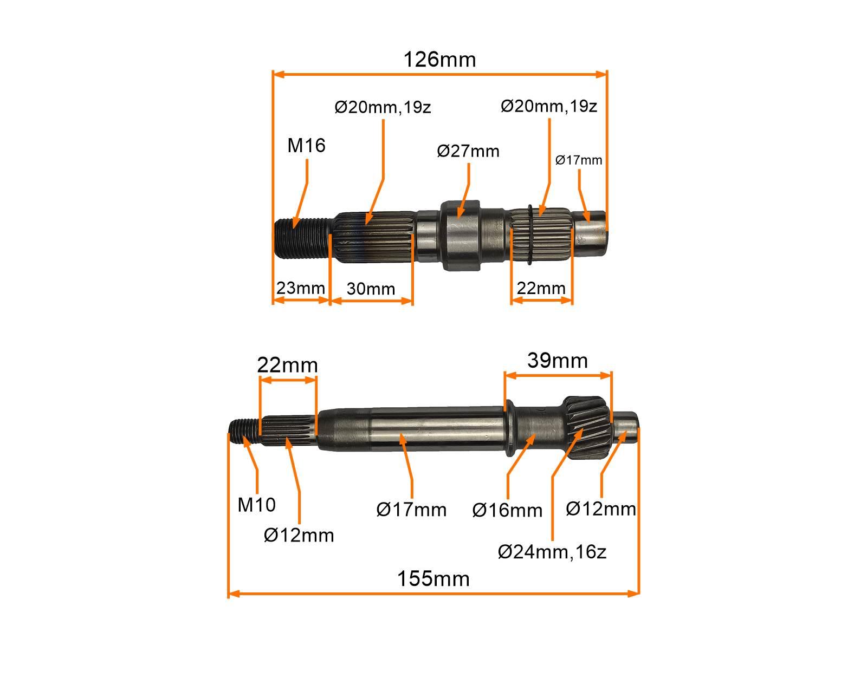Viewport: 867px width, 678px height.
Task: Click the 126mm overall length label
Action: (439, 59)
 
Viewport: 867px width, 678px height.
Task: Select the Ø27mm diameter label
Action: (468, 151)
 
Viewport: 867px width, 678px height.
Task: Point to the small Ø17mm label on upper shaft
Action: (579, 160)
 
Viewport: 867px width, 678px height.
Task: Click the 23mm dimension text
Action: (300, 288)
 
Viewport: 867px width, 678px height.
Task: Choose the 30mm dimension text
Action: (371, 289)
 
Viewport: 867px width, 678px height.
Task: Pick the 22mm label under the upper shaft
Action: (541, 288)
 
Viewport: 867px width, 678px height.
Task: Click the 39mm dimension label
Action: (557, 360)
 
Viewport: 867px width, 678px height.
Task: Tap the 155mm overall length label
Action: (433, 579)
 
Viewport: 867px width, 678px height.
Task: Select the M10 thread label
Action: (256, 505)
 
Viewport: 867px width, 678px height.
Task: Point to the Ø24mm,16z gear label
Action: (552, 552)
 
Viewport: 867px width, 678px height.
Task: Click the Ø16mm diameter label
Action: (507, 510)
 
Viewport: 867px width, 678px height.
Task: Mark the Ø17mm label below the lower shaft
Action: (411, 510)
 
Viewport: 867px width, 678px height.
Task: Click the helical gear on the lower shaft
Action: (587, 427)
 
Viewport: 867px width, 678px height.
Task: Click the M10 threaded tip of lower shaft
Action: (243, 432)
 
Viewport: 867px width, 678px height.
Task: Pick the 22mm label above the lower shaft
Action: (287, 365)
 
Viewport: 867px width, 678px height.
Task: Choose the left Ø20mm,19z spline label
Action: (383, 107)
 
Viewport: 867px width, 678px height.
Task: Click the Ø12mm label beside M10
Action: (299, 535)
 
